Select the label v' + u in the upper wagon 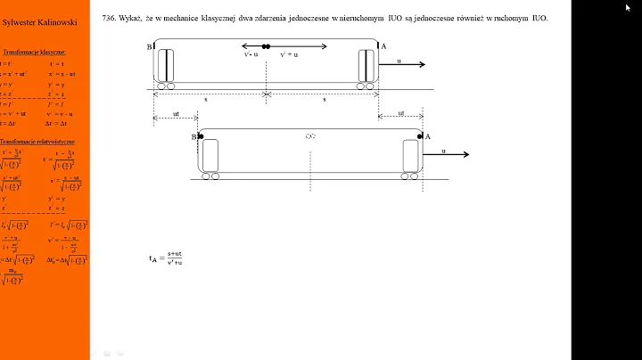(288, 54)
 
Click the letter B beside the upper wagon (148, 46)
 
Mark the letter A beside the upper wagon (384, 46)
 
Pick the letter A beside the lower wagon (427, 135)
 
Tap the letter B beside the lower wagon (193, 136)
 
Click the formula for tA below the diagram (166, 258)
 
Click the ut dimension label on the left (176, 113)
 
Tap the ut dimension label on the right (400, 113)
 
